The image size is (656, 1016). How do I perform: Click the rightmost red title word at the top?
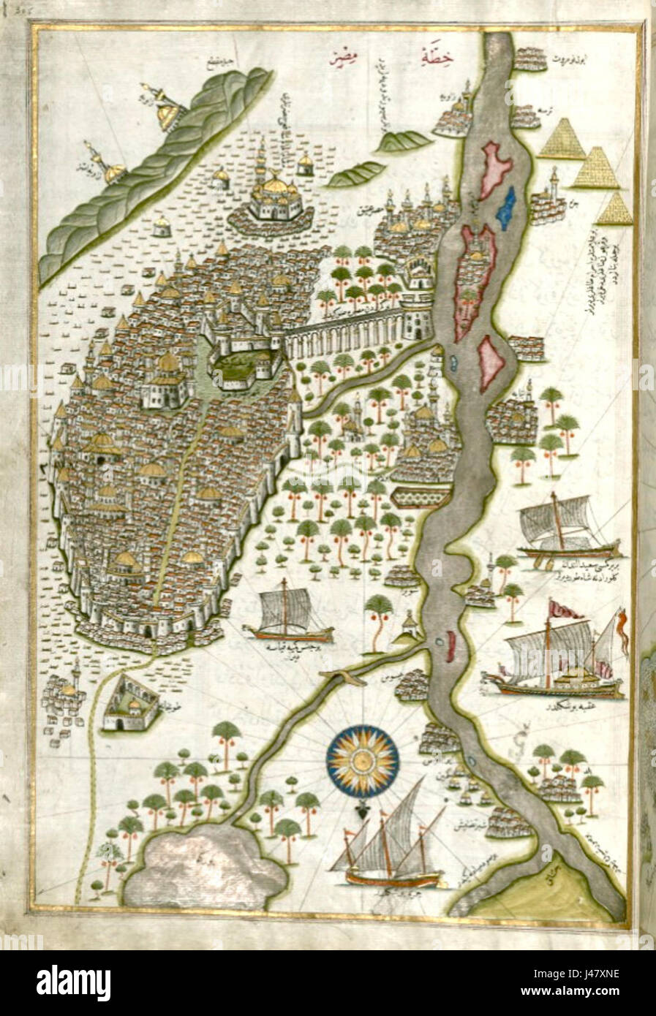point(433,55)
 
